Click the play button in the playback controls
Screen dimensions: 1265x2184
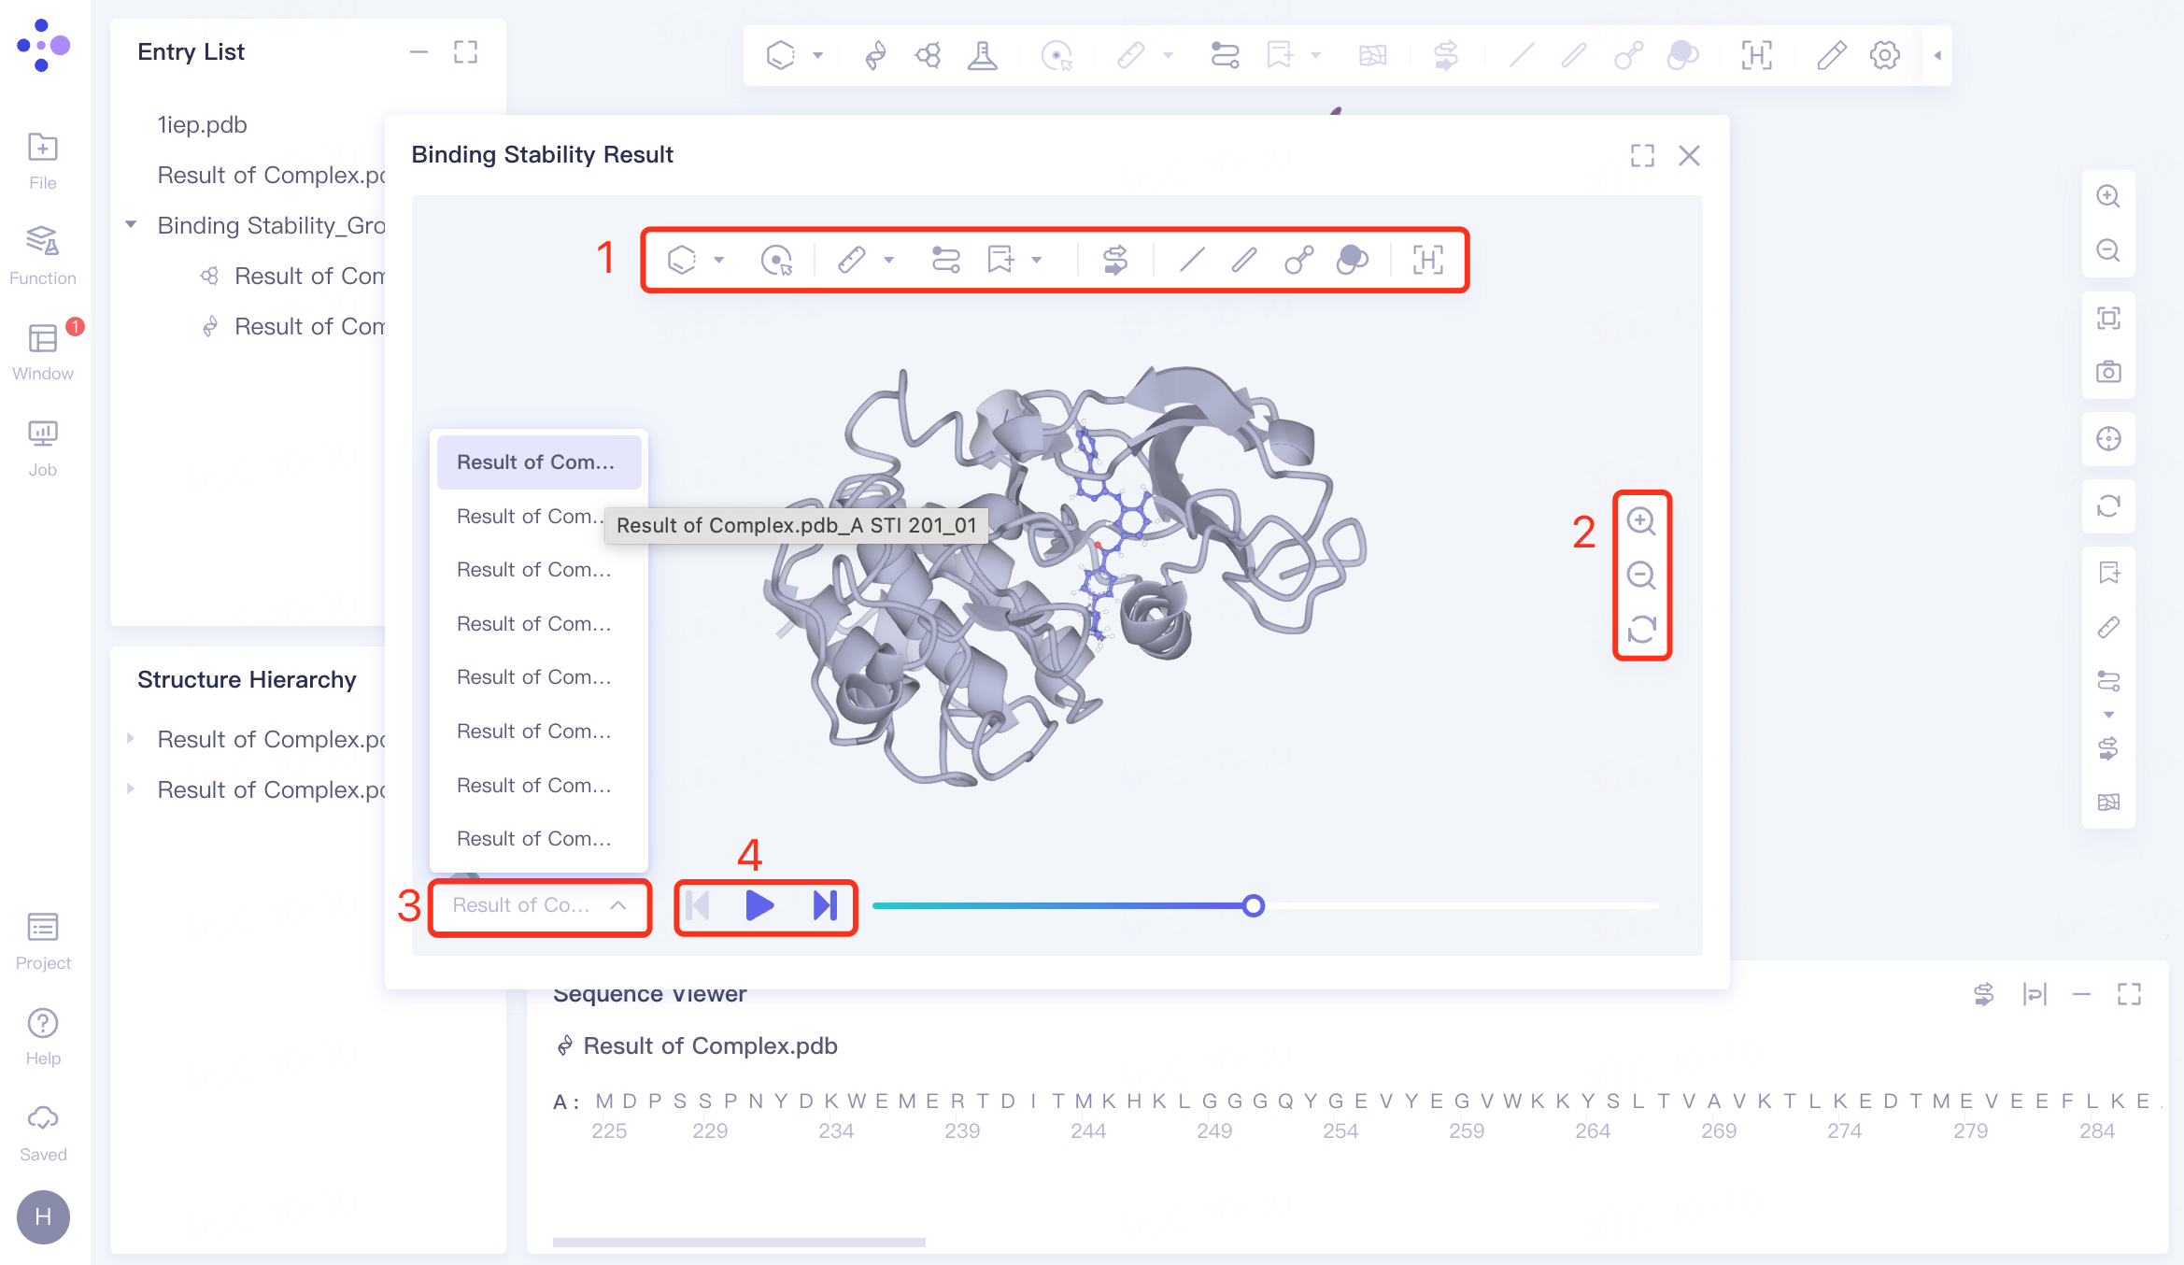[x=759, y=905]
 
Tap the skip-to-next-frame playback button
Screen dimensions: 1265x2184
[x=825, y=905]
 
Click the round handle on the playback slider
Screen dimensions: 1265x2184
[x=1254, y=905]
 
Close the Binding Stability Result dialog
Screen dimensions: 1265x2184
[x=1689, y=156]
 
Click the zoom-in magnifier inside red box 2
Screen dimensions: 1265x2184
[x=1641, y=521]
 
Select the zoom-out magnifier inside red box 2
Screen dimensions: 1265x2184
[x=1641, y=576]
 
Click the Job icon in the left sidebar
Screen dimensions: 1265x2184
[x=43, y=448]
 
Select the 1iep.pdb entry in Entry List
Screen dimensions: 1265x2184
[x=202, y=125]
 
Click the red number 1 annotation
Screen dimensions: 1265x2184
[x=606, y=258]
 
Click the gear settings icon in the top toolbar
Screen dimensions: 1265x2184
[x=1884, y=56]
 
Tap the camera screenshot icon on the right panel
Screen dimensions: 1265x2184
[x=2108, y=372]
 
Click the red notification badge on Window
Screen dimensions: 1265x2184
[x=76, y=327]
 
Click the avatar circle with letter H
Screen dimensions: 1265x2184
[x=43, y=1216]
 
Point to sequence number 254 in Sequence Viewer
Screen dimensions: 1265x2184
[x=1340, y=1131]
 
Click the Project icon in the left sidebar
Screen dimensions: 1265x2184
[x=43, y=940]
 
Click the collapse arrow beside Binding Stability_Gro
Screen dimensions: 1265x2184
[x=132, y=225]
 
